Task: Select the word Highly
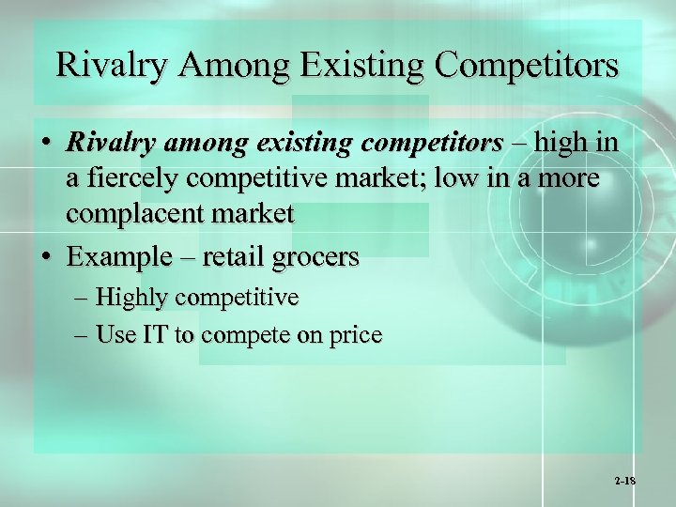132,299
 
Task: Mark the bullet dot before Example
46,256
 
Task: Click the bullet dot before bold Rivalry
46,145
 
